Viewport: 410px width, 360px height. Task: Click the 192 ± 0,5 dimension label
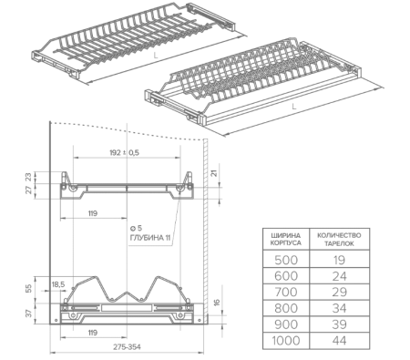[x=125, y=152]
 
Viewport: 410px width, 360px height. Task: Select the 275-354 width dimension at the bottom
[x=127, y=346]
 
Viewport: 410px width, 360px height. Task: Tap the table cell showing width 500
[x=286, y=260]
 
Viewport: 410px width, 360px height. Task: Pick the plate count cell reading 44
[x=339, y=340]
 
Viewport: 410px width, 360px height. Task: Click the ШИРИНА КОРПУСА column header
[x=286, y=239]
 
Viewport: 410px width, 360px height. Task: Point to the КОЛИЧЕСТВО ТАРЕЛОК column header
[x=339, y=240]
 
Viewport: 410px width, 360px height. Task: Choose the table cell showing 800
[x=286, y=308]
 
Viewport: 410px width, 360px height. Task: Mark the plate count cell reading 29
[x=339, y=292]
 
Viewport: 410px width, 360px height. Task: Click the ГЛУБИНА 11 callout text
[x=149, y=238]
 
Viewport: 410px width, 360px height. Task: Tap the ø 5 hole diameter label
[x=136, y=228]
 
